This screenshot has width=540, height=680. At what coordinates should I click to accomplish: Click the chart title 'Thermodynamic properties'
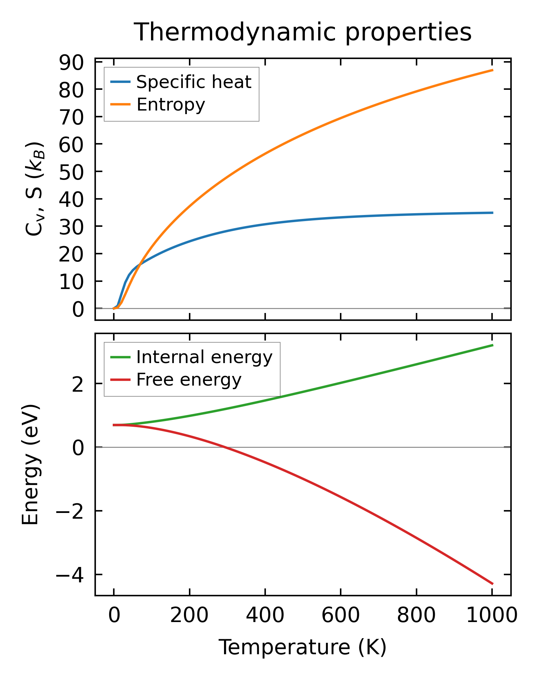[x=303, y=32]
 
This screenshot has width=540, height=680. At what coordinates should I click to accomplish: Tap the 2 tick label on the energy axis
[x=78, y=384]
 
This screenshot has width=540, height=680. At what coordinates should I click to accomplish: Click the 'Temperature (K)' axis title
[x=303, y=647]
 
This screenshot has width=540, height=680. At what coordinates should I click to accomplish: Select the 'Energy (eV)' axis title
[x=30, y=465]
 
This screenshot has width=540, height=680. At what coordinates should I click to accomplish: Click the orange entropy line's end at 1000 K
[x=492, y=70]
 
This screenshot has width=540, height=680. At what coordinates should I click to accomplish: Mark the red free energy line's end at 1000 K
[x=492, y=584]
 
